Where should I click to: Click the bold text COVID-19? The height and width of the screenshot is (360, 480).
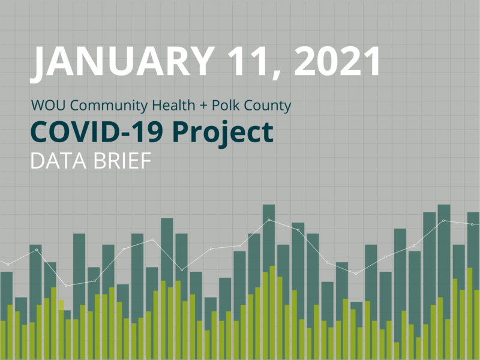[98, 132]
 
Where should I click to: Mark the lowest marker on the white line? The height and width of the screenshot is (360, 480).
[66, 285]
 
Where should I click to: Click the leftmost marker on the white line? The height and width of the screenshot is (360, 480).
[8, 264]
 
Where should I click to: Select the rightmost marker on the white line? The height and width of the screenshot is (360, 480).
[472, 224]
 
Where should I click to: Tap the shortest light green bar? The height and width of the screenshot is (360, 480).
[397, 351]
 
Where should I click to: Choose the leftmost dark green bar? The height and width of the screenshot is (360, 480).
[6, 315]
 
